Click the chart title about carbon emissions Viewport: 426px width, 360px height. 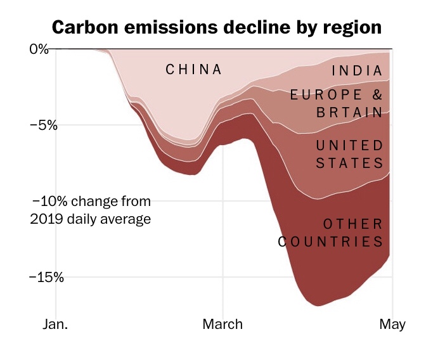217,29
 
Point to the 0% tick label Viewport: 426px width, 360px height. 39,49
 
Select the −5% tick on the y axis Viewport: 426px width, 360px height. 43,125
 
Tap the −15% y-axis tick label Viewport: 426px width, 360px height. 46,277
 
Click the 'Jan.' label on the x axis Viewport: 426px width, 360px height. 55,325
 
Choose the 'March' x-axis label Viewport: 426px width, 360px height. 223,325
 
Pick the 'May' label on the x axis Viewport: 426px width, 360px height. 392,325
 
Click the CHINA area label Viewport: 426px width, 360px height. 194,70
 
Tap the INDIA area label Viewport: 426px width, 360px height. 357,71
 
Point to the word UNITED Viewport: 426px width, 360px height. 350,146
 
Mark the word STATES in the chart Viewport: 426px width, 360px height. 350,163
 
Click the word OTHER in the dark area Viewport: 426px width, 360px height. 353,224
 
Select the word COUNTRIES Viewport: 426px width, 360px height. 331,241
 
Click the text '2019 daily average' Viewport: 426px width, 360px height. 90,219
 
